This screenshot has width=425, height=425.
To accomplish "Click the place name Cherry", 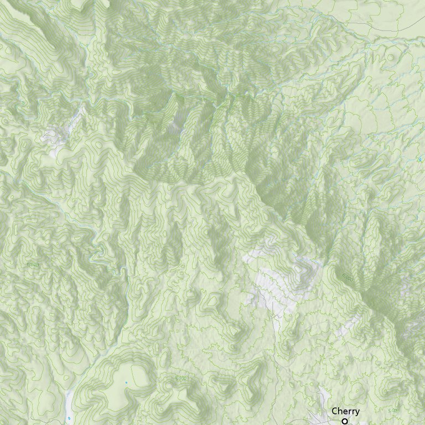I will click(x=345, y=411).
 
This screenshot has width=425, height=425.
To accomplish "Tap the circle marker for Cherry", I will click(x=344, y=421).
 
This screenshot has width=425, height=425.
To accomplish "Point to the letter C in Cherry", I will click(x=335, y=411).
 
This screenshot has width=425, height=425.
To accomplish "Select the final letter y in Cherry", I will click(x=357, y=412).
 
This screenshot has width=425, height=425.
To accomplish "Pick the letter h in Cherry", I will click(x=340, y=411).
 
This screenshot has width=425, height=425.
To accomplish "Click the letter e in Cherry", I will click(x=345, y=412).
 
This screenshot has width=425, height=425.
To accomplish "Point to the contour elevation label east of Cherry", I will click(x=393, y=411).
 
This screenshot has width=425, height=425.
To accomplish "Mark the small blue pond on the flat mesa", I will click(x=126, y=382).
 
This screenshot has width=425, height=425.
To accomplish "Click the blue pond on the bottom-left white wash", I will click(x=69, y=418).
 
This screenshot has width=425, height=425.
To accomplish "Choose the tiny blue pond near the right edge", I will click(x=420, y=160).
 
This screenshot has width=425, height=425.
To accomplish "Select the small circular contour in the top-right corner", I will click(x=392, y=57).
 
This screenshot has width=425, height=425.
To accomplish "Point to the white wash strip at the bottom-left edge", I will click(x=69, y=401).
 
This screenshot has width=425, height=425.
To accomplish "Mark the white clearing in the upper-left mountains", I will click(x=55, y=136).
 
